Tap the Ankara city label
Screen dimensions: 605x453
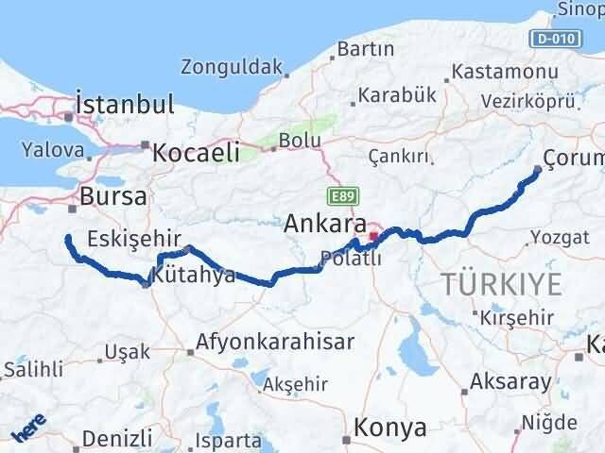(326, 225)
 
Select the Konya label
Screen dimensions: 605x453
(390, 428)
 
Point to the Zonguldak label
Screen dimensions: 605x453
(233, 67)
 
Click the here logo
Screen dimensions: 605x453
(27, 429)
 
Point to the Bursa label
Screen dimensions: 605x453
(113, 196)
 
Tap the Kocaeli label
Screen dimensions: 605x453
(196, 152)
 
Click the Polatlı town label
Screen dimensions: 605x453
(351, 258)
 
